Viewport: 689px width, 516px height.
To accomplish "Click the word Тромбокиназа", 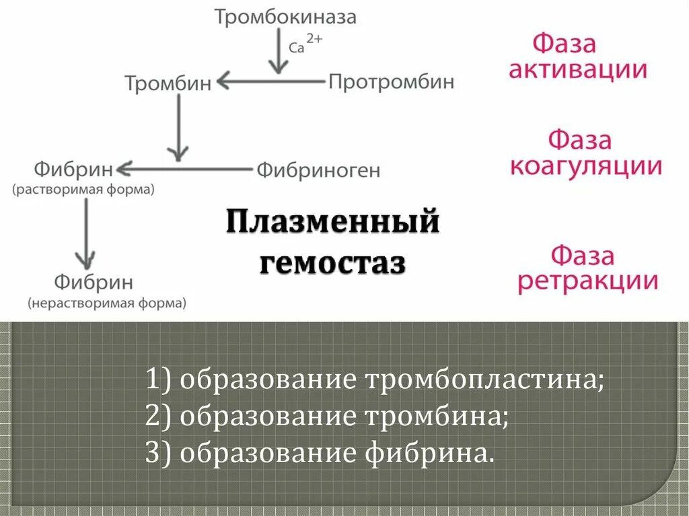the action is (285, 17).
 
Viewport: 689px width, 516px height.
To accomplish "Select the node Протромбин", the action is (391, 82).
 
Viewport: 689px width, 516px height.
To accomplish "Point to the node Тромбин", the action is (168, 83).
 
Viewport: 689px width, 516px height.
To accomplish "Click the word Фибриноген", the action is (318, 170).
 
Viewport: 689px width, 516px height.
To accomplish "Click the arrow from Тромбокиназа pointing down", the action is (277, 50).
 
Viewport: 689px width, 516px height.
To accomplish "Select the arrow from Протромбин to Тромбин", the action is (269, 82).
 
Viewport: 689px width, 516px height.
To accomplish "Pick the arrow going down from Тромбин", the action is (178, 128).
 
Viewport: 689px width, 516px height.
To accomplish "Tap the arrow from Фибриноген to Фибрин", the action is (188, 168).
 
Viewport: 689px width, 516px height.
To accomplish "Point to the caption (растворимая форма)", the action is (83, 190).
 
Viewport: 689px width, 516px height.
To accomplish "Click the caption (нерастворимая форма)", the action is (107, 303).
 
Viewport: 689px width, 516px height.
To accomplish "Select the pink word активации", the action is (577, 70).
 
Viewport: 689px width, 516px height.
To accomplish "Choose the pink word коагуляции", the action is (585, 165).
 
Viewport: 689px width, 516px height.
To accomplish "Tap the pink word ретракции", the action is (587, 281).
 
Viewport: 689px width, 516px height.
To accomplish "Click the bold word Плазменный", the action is (332, 223).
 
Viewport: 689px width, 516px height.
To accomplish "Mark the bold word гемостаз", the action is (332, 262).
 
